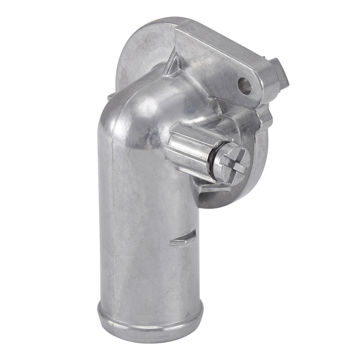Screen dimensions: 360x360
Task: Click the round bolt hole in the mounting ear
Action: (x=244, y=86)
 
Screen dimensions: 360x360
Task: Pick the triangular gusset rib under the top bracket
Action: (x=172, y=65)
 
